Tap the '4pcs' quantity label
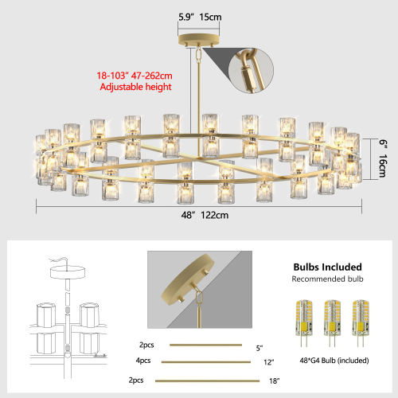pyautogui.click(x=142, y=362)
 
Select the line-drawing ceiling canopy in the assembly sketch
pyautogui.click(x=69, y=272)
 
